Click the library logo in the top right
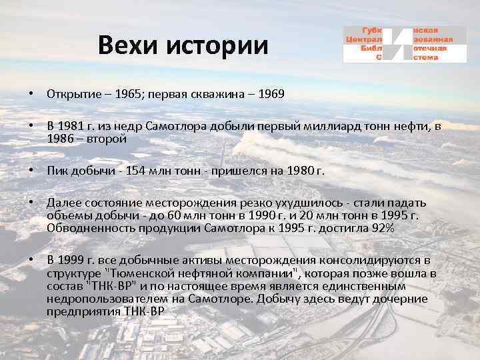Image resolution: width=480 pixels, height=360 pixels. click(404, 44)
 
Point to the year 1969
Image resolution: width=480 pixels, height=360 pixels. click(269, 94)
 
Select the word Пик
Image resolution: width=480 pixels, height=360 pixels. click(57, 170)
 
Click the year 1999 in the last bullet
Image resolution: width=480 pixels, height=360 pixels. click(72, 259)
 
